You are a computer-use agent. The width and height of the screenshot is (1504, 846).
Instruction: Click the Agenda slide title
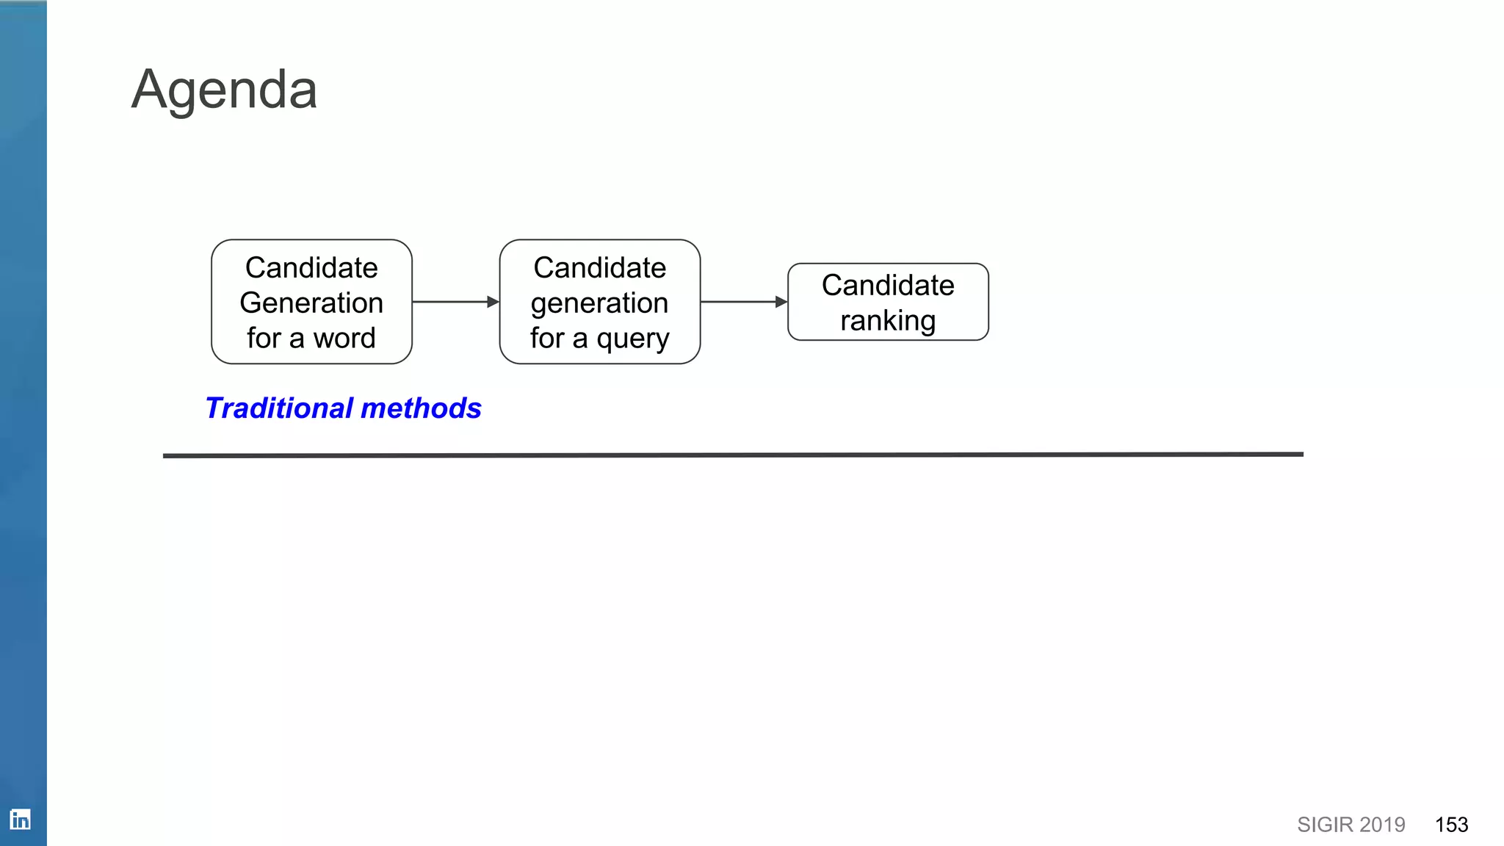click(224, 90)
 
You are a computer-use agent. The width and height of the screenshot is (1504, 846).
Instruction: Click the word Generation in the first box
click(311, 303)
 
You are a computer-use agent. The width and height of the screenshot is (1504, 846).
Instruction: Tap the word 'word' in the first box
click(344, 338)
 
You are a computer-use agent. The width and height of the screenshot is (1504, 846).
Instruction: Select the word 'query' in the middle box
click(633, 339)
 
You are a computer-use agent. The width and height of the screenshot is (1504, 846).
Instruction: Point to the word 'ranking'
click(888, 320)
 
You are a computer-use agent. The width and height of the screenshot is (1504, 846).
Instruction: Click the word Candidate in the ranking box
click(888, 285)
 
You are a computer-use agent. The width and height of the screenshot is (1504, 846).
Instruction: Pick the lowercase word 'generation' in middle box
click(599, 303)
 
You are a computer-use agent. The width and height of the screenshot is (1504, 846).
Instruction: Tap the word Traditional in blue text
click(279, 408)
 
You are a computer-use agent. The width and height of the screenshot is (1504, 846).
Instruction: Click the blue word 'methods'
click(422, 408)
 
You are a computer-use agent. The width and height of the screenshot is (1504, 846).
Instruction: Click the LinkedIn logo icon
click(21, 819)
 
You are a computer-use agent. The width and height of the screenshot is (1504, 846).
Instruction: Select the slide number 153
click(1451, 825)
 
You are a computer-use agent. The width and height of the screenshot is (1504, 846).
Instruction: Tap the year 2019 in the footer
click(1382, 825)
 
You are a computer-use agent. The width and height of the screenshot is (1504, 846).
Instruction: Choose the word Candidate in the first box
click(311, 268)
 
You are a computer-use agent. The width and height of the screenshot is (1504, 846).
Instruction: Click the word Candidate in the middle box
click(599, 268)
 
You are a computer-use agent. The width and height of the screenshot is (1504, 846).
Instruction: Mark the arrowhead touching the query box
click(493, 302)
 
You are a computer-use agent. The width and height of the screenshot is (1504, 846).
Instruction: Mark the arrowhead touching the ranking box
click(781, 302)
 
